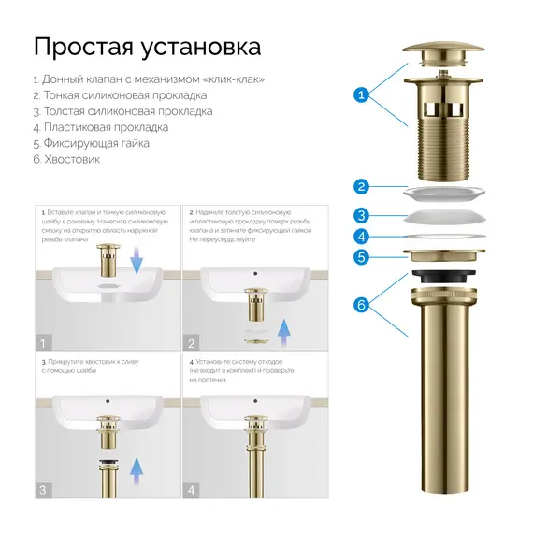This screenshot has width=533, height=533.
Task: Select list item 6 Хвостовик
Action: [x=65, y=159]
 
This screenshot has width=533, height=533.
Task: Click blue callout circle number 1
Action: [x=361, y=94]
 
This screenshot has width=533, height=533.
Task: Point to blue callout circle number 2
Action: [x=361, y=186]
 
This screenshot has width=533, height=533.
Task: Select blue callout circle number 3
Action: [x=361, y=215]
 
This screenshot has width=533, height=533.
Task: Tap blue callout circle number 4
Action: [x=361, y=237]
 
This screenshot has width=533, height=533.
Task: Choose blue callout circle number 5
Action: [x=361, y=257]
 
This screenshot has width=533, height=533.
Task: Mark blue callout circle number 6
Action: [x=361, y=304]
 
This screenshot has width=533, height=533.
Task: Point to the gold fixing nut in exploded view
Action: [x=445, y=255]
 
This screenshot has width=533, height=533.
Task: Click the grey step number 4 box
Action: [x=191, y=489]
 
